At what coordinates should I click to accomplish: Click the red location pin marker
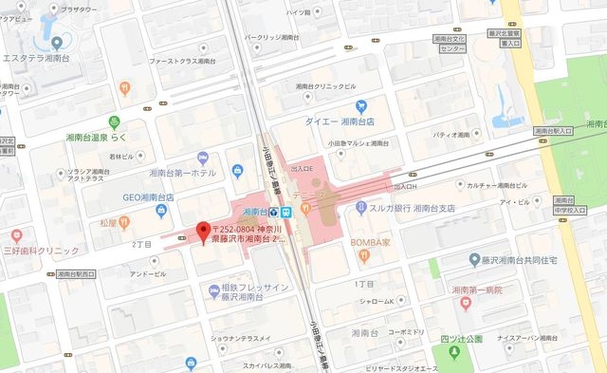201,230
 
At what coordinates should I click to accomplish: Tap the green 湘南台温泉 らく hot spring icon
114,121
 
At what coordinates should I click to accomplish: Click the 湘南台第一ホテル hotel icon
203,158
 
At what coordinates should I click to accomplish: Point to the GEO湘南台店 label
136,197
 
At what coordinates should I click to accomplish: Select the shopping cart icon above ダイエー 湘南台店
360,106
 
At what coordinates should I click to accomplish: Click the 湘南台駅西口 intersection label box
76,273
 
